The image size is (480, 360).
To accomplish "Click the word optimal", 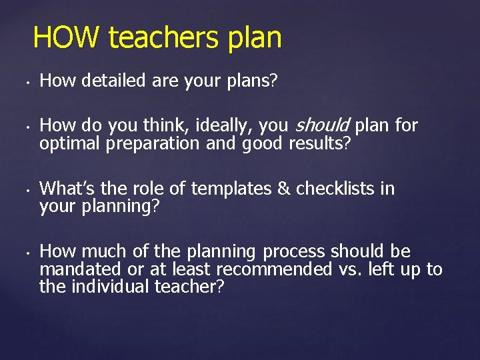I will tap(68, 143).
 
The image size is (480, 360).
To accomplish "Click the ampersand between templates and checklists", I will tap(283, 189).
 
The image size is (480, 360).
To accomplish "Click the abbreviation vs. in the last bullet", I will tap(350, 269).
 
